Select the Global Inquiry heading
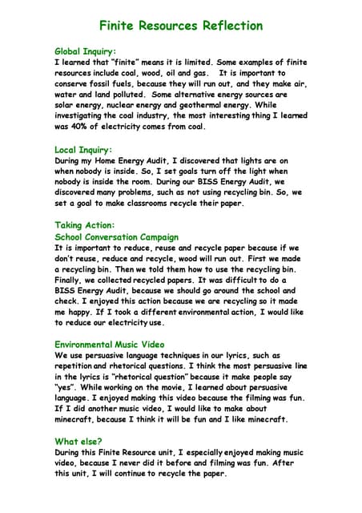pos(86,50)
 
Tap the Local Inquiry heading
pos(83,150)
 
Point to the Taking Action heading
pos(85,225)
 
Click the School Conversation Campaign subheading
pos(116,237)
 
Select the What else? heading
pos(78,442)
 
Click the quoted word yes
pos(66,387)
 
